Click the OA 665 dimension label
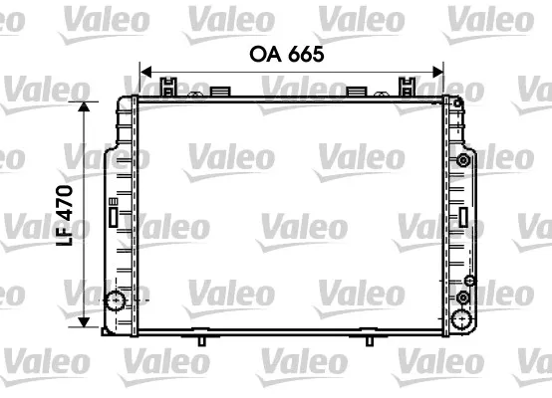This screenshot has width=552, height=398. (x=287, y=54)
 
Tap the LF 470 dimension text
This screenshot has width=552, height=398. (x=65, y=215)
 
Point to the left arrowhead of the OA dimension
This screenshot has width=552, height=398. (x=145, y=72)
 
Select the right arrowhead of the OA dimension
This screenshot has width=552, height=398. (x=437, y=72)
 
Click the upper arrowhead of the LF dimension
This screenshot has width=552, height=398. (x=84, y=106)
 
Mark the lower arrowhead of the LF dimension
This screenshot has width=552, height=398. (x=84, y=322)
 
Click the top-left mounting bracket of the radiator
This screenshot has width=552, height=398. (x=168, y=87)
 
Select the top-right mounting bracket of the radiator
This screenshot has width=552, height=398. (x=407, y=87)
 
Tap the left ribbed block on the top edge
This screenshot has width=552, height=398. (x=220, y=92)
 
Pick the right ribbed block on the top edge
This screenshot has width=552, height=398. (x=357, y=92)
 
